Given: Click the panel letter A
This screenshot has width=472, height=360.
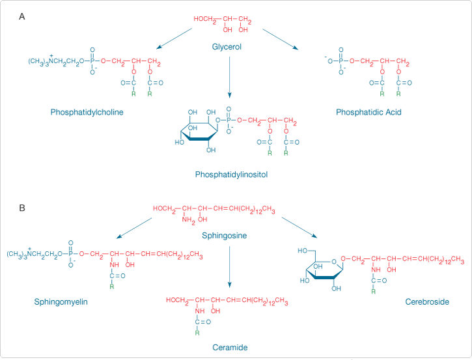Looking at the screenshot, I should [22, 16].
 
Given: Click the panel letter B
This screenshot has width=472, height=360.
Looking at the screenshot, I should [22, 208].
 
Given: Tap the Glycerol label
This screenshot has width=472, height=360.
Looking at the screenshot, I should [228, 46].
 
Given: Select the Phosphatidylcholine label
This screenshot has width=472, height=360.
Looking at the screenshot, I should [87, 112].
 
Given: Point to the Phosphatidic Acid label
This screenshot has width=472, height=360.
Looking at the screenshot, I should [368, 112].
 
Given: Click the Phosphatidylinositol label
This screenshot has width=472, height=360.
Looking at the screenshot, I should [231, 174].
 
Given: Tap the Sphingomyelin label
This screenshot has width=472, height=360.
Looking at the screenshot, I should [61, 301].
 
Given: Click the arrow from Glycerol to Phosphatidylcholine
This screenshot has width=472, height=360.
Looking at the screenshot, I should [174, 38].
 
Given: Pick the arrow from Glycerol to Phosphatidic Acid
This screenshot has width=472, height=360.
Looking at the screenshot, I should [279, 40].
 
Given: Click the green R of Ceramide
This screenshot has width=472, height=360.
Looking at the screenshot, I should [197, 333].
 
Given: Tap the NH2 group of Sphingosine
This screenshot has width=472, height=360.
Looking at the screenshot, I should [188, 219].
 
